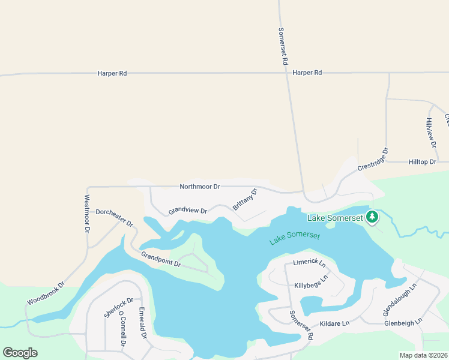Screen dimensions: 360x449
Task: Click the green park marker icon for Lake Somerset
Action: click(x=372, y=217)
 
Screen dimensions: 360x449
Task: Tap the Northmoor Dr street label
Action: click(x=200, y=187)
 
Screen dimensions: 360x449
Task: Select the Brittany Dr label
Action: click(x=245, y=199)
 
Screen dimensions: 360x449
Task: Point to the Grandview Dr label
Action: click(x=187, y=211)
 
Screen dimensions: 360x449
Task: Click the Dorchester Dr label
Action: click(x=114, y=217)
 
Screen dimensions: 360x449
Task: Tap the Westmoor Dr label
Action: click(x=87, y=214)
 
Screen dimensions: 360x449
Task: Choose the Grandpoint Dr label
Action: click(x=161, y=259)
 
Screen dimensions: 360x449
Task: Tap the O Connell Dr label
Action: click(x=122, y=328)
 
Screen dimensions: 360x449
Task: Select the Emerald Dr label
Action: click(x=143, y=323)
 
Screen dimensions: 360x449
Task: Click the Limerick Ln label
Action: click(x=309, y=263)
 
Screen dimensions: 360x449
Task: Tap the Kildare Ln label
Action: click(x=334, y=323)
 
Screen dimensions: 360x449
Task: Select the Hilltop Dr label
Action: click(x=422, y=162)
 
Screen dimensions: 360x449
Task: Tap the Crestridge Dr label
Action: click(x=373, y=159)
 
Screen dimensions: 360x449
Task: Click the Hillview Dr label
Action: click(x=430, y=131)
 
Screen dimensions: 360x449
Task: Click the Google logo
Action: click(x=20, y=353)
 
